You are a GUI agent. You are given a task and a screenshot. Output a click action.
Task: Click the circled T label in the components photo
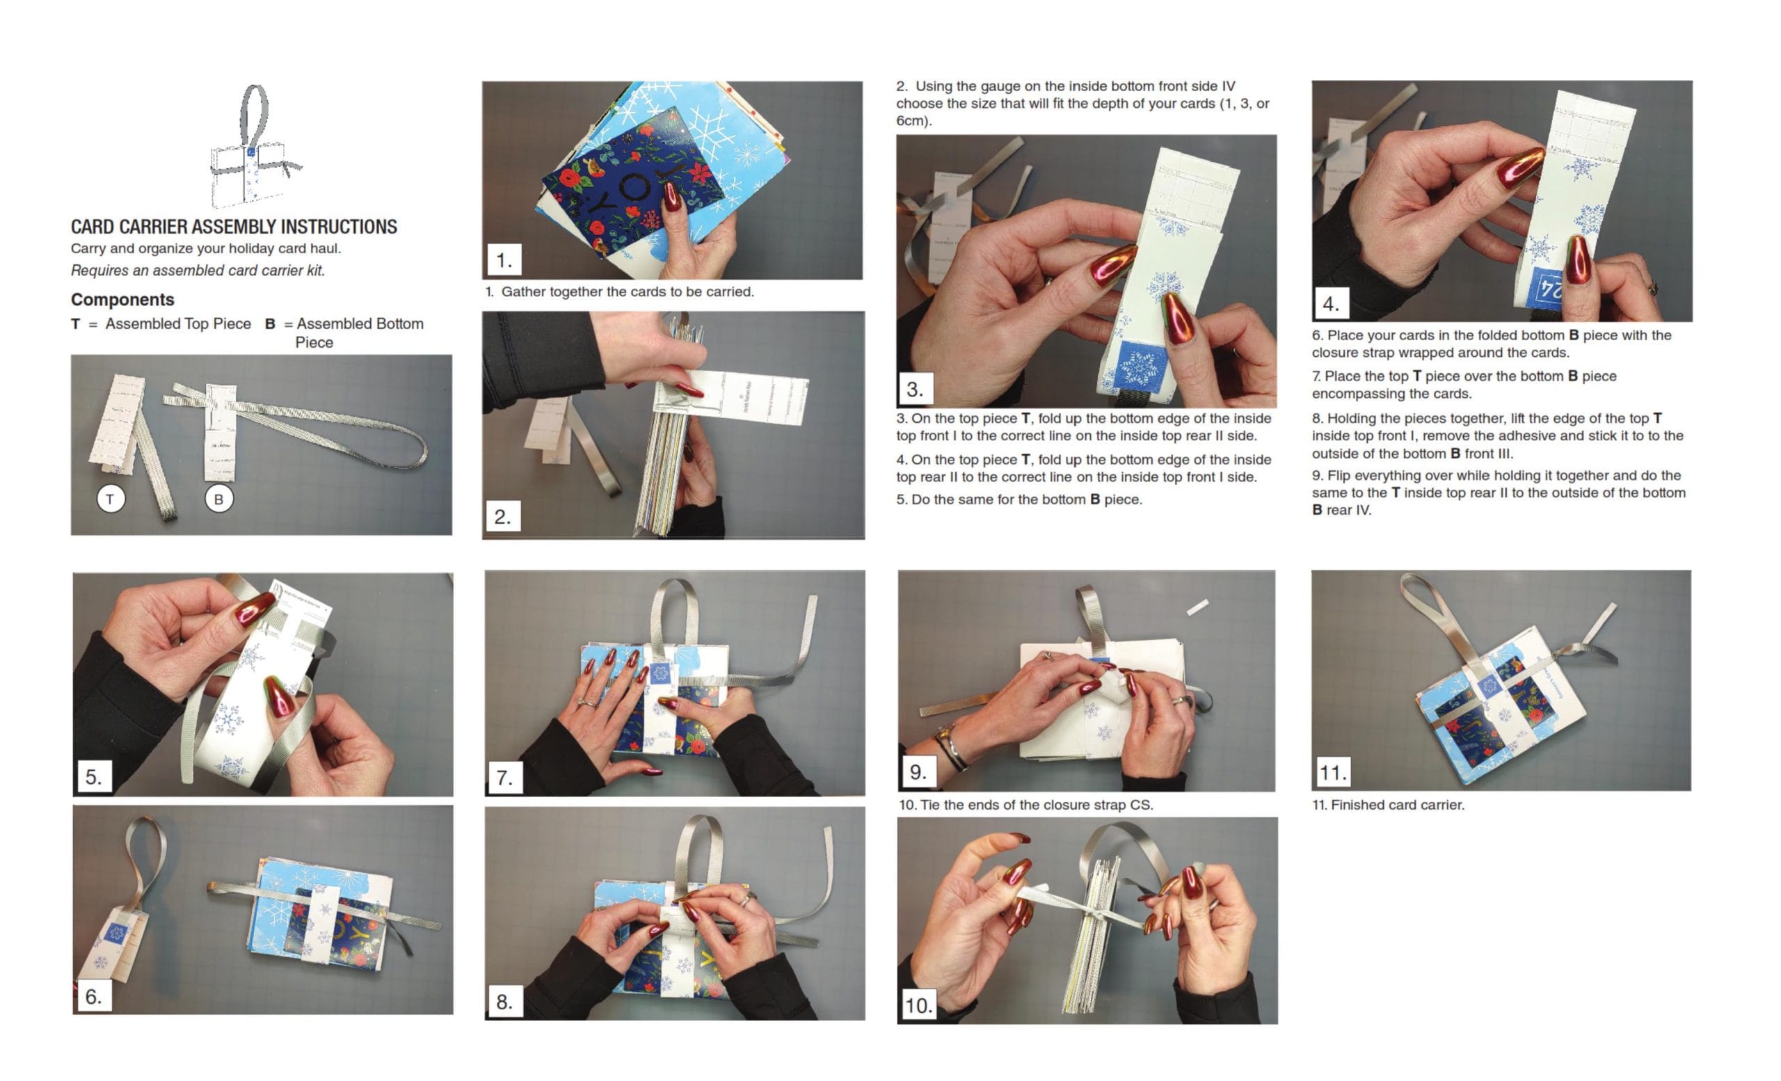pos(111,499)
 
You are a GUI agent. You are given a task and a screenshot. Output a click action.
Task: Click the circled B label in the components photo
pos(219,499)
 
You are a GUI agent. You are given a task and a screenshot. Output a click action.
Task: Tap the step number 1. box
pos(504,259)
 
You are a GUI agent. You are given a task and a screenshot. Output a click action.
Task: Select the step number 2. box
pos(503,516)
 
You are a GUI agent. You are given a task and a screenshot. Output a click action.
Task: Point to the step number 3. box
pos(915,389)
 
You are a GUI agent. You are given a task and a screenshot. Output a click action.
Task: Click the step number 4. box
pos(1331,303)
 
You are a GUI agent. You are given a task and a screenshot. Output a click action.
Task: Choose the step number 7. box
pos(504,777)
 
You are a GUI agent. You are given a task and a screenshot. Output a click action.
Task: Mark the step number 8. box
pos(504,1002)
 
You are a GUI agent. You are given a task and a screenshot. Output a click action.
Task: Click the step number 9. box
pos(918,771)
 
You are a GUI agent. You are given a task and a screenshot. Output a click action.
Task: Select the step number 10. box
pos(919,1004)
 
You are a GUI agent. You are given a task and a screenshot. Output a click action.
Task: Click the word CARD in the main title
pos(93,227)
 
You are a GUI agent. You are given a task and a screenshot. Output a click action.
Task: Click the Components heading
pos(122,299)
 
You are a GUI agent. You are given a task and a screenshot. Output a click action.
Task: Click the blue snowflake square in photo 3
pos(1142,368)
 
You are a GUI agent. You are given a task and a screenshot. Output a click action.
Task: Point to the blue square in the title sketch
pos(251,152)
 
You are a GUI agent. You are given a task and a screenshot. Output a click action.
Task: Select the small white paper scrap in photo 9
pos(1198,607)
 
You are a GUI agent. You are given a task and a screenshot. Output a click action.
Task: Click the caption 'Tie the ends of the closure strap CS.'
pos(1036,805)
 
